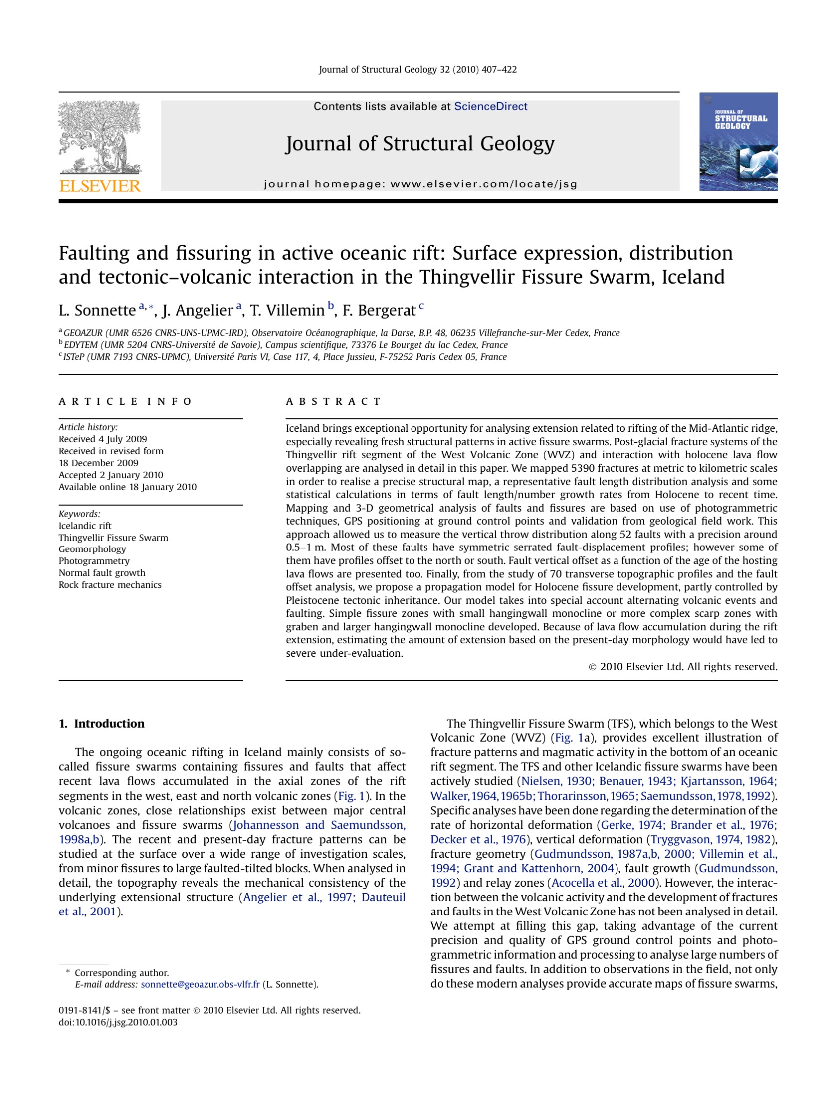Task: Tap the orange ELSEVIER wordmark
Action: (x=100, y=186)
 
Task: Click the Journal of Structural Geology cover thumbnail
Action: (x=738, y=142)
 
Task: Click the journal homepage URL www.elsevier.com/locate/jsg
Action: (x=483, y=184)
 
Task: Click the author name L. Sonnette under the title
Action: (x=97, y=310)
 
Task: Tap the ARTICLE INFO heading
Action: (x=125, y=402)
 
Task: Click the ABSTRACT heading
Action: (x=333, y=402)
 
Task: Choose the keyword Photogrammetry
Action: (x=94, y=561)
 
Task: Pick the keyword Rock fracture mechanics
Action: (x=110, y=585)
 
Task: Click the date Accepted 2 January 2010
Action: (x=111, y=475)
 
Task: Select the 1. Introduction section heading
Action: (x=101, y=724)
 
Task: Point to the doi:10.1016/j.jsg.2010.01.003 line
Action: (x=118, y=1022)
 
